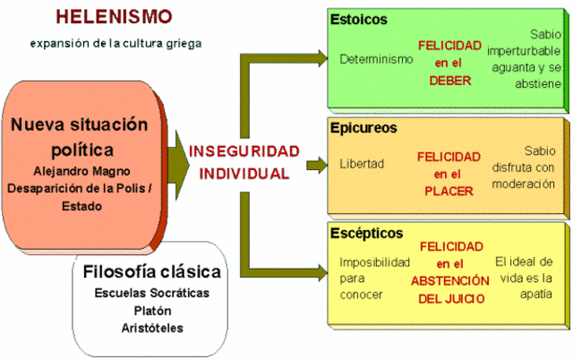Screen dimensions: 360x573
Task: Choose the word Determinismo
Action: click(376, 59)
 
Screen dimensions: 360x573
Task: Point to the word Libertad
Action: click(361, 165)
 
